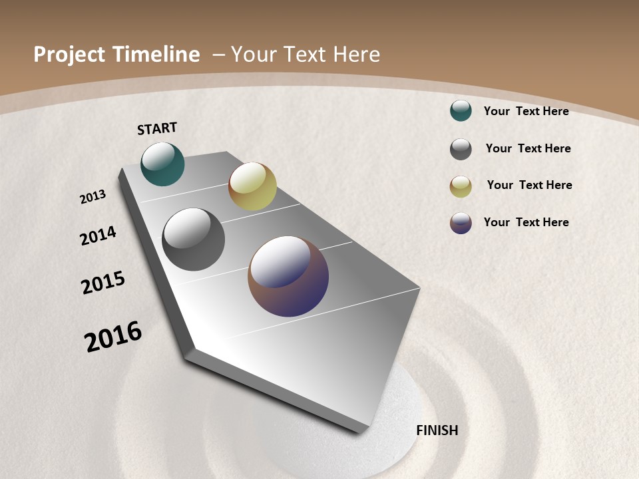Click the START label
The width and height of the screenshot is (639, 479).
tap(157, 128)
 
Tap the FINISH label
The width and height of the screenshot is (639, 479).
tap(437, 430)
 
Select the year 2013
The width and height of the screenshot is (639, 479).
tap(93, 197)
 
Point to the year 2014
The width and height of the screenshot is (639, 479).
tap(98, 236)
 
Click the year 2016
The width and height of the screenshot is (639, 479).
tap(113, 336)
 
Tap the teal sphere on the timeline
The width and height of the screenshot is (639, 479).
tap(162, 164)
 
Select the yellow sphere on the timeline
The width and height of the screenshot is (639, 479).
tap(252, 186)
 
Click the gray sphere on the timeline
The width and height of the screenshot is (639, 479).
tap(194, 239)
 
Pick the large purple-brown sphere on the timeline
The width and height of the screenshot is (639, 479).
tap(288, 276)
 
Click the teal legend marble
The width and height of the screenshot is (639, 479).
tap(461, 111)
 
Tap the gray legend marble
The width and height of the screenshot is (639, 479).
tap(461, 149)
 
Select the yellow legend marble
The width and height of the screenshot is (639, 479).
tap(461, 186)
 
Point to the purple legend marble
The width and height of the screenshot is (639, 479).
tap(461, 223)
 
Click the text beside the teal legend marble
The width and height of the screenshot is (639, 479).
tap(526, 111)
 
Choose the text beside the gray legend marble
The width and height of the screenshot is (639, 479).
tap(528, 148)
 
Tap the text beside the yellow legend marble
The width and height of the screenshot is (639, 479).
tap(529, 185)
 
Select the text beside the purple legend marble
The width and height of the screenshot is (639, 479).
tap(526, 222)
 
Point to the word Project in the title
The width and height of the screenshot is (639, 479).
tap(68, 55)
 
